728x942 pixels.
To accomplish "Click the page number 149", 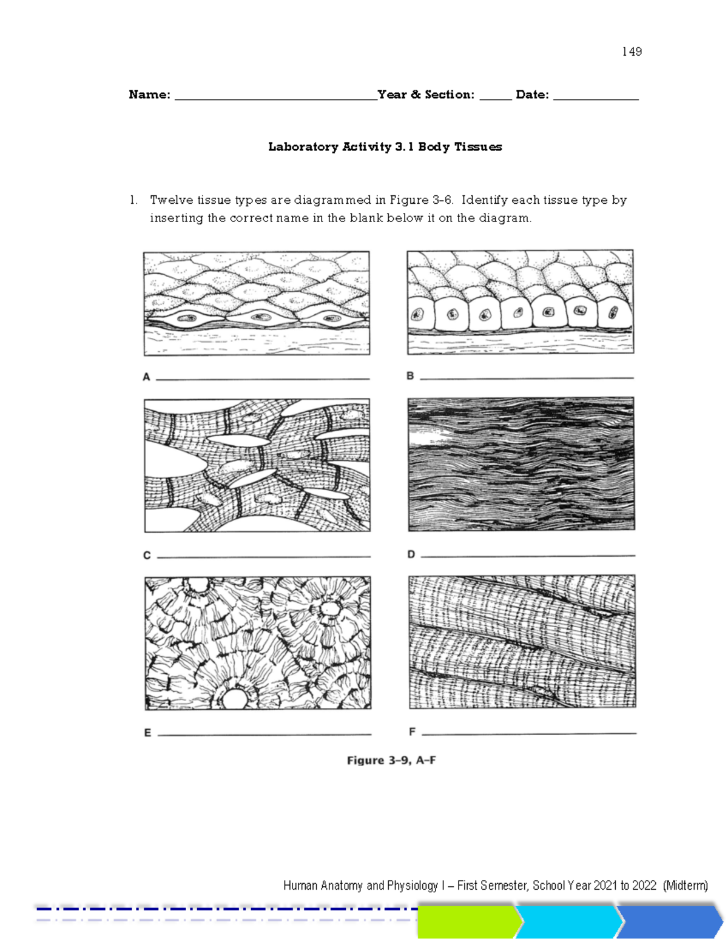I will click(632, 52).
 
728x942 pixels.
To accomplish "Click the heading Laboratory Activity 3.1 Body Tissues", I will click(385, 147).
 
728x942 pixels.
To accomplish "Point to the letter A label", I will click(146, 377).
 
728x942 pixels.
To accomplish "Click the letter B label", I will click(410, 376).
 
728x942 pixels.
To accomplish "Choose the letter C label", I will click(147, 556).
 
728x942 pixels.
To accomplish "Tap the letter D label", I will click(411, 554).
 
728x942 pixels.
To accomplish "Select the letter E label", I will click(147, 733).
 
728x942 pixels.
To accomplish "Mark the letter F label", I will click(412, 732).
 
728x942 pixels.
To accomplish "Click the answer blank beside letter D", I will click(528, 555).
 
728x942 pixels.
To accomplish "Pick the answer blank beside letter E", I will click(265, 734).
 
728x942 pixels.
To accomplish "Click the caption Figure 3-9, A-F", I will click(391, 761).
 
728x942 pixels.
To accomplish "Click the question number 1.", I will click(132, 200).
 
